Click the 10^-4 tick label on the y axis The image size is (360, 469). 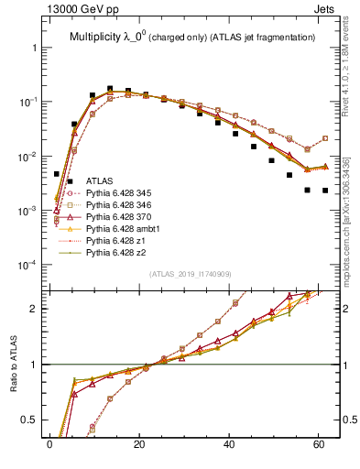pos(24,265)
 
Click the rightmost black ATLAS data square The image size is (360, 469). pos(325,191)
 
